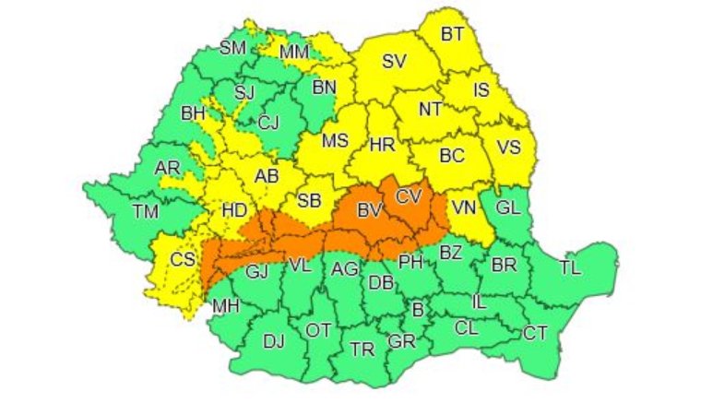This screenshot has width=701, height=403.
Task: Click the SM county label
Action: (x=232, y=48)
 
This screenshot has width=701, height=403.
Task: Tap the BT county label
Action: (x=452, y=34)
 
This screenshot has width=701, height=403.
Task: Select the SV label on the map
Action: (x=394, y=63)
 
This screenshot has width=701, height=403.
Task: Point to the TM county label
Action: (x=145, y=211)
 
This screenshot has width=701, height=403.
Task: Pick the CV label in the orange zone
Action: (x=408, y=196)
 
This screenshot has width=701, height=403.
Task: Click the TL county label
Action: (x=570, y=268)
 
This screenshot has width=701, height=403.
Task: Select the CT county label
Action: (x=535, y=333)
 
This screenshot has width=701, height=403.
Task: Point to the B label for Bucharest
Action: (x=417, y=311)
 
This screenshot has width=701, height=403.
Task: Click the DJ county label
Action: (x=273, y=341)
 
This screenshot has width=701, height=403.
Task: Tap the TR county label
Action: (x=362, y=349)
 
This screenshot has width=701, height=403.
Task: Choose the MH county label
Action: (x=225, y=305)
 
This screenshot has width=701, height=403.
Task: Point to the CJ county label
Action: (x=268, y=123)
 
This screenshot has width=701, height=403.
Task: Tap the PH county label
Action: (x=410, y=262)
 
